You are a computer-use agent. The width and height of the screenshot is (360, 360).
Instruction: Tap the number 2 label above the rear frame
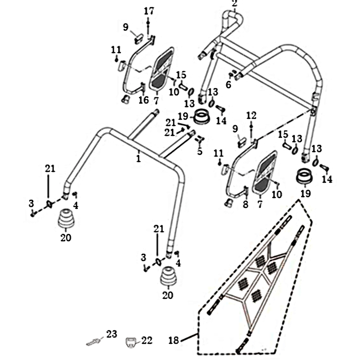point(234,4)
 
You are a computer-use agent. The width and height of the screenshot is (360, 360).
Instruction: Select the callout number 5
point(200,151)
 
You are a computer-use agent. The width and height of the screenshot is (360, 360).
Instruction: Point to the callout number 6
point(229,85)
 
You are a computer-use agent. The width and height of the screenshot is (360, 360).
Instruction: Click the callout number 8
point(245,205)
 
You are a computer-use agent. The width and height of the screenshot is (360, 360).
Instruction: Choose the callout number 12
point(251,116)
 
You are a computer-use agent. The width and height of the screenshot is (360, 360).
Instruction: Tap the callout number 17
point(148,11)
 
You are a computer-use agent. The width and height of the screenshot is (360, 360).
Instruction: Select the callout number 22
point(147,341)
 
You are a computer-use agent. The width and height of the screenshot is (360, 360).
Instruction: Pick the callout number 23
point(111,334)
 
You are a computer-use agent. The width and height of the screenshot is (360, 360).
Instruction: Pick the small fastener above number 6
point(232,74)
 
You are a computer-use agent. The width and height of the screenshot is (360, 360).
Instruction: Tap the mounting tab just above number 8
point(245,192)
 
